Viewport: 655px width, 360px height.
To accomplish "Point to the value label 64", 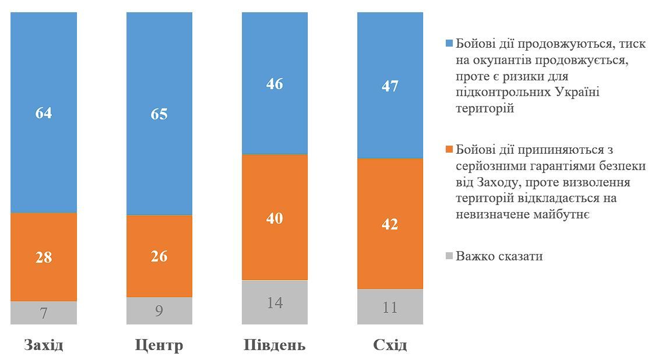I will (44, 113).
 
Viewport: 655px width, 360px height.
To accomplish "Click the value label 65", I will (159, 114).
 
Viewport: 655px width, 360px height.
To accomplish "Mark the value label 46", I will (274, 84).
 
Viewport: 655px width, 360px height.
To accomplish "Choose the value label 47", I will (390, 86).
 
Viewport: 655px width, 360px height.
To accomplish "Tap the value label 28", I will (44, 257).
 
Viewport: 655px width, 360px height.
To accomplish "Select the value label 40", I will (274, 218).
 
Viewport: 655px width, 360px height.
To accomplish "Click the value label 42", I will (390, 224).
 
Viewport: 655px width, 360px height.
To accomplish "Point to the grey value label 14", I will (274, 303).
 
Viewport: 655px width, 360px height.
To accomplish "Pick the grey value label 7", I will (44, 313).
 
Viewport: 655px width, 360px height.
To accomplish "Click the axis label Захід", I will (44, 345).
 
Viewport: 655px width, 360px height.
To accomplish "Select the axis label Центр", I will (159, 345).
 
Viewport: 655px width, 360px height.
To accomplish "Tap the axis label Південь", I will (274, 345).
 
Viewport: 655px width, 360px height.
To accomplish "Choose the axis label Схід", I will (390, 345).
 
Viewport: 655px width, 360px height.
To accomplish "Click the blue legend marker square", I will (449, 44).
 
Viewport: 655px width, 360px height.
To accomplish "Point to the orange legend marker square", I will (449, 150).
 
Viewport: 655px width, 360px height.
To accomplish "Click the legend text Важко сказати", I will (499, 256).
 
